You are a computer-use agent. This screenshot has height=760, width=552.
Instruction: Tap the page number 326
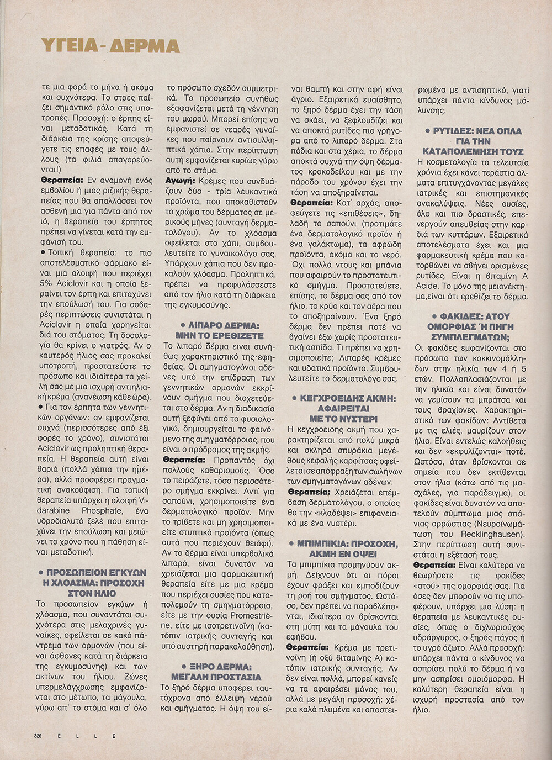pyautogui.click(x=38, y=736)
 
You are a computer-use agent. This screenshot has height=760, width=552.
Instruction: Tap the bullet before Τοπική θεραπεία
pyautogui.click(x=43, y=252)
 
